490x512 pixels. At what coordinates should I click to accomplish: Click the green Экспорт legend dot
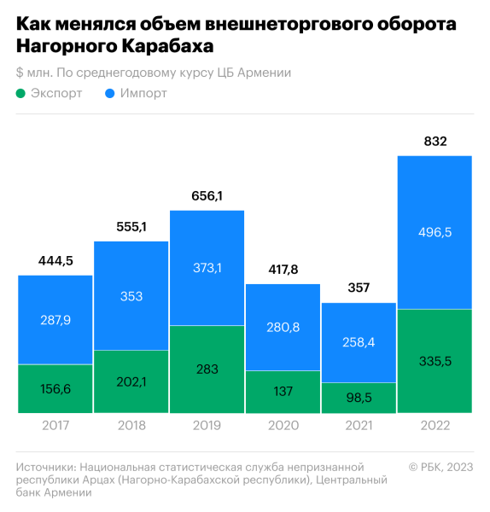[20, 93]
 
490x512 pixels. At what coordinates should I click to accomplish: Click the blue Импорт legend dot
[110, 93]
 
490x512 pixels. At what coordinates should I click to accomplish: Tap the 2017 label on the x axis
[55, 425]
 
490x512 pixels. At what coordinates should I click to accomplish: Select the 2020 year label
[283, 425]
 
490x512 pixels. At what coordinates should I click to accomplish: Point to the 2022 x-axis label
[435, 425]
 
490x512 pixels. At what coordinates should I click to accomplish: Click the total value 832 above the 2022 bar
[435, 142]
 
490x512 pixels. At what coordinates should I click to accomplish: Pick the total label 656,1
[207, 196]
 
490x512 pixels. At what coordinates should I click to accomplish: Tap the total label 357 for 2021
[359, 288]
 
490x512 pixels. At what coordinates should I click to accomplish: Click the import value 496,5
[435, 232]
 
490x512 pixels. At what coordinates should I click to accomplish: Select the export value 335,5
[435, 361]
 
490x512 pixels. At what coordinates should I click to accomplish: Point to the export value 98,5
[359, 398]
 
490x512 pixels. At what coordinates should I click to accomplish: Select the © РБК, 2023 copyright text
[440, 467]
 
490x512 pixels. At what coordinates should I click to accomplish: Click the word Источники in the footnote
[44, 467]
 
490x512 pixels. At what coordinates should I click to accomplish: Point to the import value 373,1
[207, 268]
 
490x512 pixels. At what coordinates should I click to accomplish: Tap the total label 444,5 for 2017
[55, 261]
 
